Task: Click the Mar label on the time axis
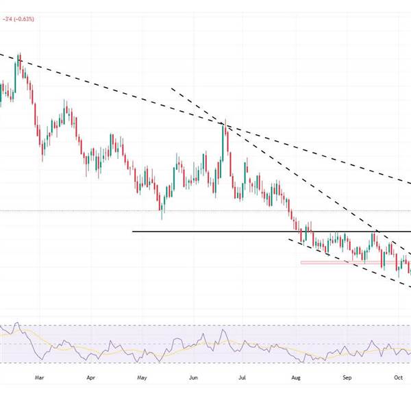click(39, 376)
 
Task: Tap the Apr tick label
click(91, 376)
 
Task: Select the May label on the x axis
click(142, 376)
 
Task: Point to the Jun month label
click(193, 376)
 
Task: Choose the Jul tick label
click(244, 376)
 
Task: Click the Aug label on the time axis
click(296, 376)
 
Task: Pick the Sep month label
click(347, 376)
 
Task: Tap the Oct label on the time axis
click(398, 376)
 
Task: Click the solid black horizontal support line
click(206, 232)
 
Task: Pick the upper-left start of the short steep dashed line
click(171, 88)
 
